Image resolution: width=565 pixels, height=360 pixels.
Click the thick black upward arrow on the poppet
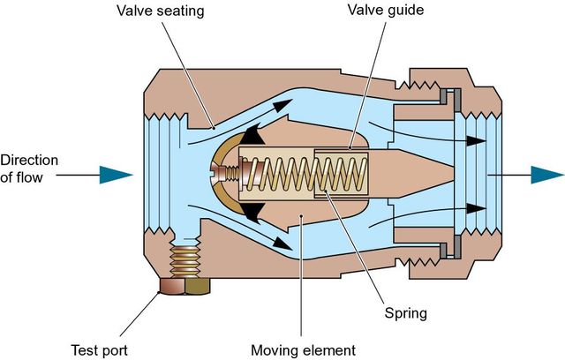[256, 133]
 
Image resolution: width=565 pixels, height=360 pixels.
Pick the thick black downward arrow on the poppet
[256, 212]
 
